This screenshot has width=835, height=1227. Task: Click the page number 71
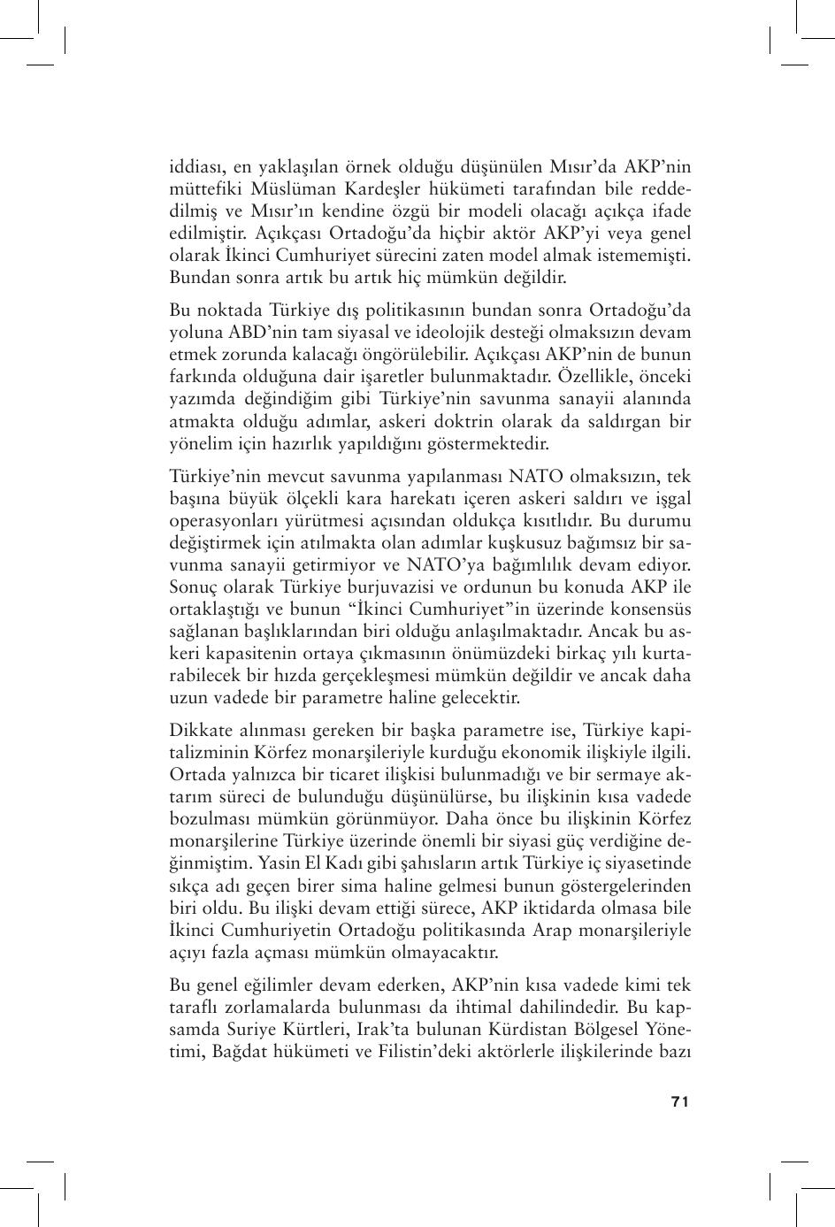pyautogui.click(x=679, y=1101)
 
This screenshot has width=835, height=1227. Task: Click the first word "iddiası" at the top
pyautogui.click(x=197, y=166)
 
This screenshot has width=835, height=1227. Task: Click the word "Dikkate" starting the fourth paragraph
pyautogui.click(x=198, y=731)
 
